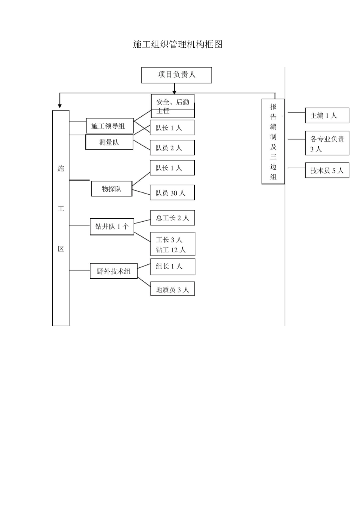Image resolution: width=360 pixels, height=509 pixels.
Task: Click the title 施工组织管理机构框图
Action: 177,44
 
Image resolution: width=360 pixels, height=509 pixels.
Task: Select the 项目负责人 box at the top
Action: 177,75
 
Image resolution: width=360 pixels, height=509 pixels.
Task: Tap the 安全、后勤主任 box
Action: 173,106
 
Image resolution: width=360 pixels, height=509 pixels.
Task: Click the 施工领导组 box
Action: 110,126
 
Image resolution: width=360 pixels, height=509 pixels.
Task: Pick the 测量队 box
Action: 109,142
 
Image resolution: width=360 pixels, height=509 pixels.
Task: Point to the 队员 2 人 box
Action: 172,148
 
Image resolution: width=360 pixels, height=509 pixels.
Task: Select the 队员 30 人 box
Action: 172,193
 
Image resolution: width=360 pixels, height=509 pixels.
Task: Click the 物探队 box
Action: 112,189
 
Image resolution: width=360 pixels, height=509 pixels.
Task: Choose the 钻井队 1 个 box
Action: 112,226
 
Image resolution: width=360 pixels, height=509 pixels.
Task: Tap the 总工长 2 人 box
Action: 172,218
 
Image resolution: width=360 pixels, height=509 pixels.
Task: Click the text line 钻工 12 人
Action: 171,250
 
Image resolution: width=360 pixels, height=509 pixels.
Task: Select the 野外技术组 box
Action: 114,271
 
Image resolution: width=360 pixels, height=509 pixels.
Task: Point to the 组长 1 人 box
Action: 172,267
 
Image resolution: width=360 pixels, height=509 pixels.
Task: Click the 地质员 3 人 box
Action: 172,290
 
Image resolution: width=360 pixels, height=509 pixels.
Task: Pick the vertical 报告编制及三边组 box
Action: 273,141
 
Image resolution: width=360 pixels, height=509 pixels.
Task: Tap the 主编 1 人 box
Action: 327,116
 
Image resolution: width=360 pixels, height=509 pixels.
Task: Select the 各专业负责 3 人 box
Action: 327,144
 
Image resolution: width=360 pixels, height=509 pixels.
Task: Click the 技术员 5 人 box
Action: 327,170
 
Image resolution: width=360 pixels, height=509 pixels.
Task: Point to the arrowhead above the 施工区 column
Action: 59,106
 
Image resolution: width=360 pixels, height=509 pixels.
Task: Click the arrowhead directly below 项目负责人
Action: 174,92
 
